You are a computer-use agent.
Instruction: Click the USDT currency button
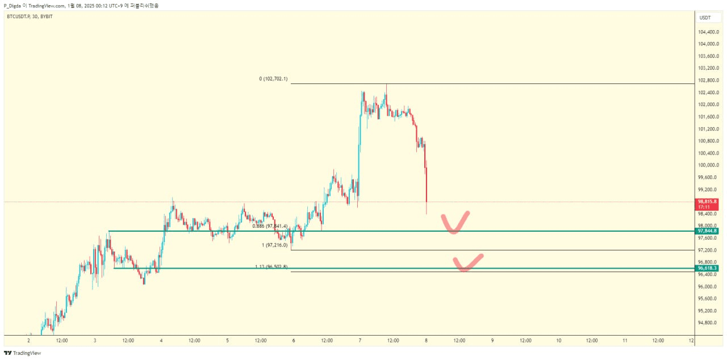pyautogui.click(x=705, y=18)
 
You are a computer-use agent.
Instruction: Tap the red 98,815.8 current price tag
pyautogui.click(x=707, y=202)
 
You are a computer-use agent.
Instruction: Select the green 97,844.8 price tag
pyautogui.click(x=707, y=231)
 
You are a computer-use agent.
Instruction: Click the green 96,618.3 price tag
pyautogui.click(x=707, y=268)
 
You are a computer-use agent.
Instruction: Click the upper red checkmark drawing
pyautogui.click(x=455, y=223)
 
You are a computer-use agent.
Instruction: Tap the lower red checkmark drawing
pyautogui.click(x=467, y=263)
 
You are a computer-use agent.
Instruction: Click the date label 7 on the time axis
pyautogui.click(x=360, y=341)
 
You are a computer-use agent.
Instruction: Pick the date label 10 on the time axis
pyautogui.click(x=559, y=341)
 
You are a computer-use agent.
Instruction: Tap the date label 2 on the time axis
pyautogui.click(x=28, y=341)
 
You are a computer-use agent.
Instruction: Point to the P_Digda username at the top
pyautogui.click(x=13, y=5)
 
